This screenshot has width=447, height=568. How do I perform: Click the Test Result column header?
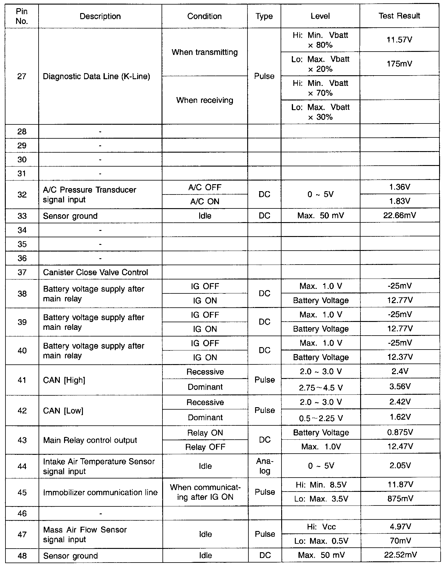pos(399,16)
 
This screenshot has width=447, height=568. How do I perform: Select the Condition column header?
pos(204,16)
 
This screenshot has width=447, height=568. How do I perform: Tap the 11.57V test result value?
pos(399,40)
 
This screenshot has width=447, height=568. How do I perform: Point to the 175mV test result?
pos(400,64)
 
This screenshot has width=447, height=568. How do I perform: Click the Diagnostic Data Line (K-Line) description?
pos(97,76)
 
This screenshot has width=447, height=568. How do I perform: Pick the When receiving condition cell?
pos(205,100)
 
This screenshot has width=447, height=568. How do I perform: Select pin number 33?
pos(22,216)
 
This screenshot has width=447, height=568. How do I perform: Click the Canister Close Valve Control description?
pos(95,272)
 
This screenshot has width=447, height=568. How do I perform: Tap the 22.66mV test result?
pos(400,215)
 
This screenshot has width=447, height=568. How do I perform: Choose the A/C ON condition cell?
pos(205,201)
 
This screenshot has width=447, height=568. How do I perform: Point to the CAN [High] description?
pos(64,380)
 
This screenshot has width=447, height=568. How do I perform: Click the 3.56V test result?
pos(400,387)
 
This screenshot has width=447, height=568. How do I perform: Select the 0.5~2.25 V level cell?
pos(321,418)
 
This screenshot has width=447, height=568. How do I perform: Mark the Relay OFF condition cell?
pos(205,447)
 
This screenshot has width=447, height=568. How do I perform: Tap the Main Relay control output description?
pos(90,440)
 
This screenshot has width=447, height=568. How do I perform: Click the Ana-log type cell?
pos(264,466)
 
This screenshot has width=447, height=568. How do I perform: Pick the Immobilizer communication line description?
pos(100,492)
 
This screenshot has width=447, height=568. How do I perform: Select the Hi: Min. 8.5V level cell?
pos(321,485)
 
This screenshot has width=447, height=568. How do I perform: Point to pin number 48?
pos(22,556)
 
